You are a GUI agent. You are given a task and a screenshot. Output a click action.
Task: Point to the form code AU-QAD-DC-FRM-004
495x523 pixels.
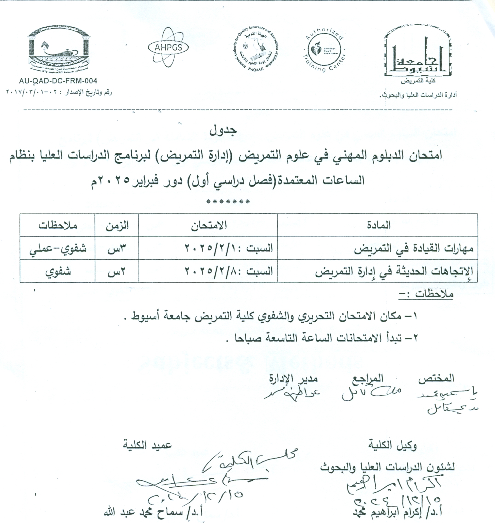(x=58, y=81)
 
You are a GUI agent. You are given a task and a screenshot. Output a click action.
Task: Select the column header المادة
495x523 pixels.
(x=378, y=226)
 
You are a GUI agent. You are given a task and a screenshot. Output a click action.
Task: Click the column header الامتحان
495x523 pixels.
(x=209, y=226)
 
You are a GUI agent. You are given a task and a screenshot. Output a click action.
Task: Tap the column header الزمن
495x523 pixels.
(x=117, y=226)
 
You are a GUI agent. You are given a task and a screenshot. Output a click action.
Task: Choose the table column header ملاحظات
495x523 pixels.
(x=58, y=226)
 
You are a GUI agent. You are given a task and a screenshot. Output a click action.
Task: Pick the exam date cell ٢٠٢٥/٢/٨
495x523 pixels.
(x=228, y=271)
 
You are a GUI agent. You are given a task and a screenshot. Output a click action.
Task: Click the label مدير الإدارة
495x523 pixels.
(x=293, y=378)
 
